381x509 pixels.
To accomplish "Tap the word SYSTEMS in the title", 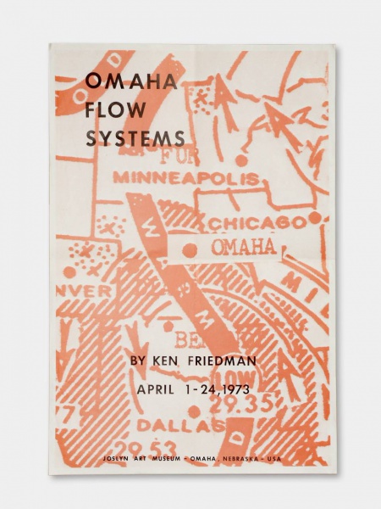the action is click(x=135, y=137).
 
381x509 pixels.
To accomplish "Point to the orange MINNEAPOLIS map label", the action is click(x=185, y=178).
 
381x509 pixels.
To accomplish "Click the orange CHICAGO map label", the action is click(x=257, y=222).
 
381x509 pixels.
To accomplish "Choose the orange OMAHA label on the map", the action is click(x=242, y=247).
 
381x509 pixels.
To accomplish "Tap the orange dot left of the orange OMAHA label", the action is click(x=190, y=249).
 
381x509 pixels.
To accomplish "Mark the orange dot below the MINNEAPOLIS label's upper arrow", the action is click(x=242, y=159).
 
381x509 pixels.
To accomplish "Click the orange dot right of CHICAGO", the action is click(x=315, y=218).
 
